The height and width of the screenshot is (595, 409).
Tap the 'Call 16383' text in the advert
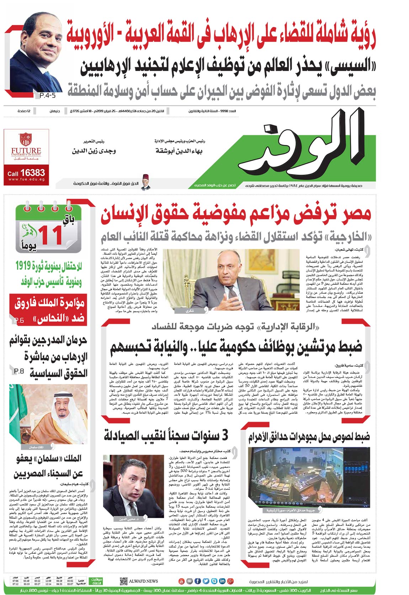(26, 173)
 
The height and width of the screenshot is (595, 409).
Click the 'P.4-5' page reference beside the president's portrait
(46, 95)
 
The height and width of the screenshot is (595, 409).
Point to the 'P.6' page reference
(19, 320)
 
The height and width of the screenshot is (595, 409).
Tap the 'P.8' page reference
(19, 372)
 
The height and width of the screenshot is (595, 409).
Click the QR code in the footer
(123, 581)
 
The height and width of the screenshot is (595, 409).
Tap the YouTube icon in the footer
(181, 581)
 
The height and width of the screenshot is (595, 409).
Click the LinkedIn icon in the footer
(222, 581)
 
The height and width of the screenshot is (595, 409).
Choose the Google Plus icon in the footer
(230, 581)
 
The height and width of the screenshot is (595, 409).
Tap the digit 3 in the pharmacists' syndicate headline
(224, 435)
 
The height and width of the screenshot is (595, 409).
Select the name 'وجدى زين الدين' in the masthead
(94, 151)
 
